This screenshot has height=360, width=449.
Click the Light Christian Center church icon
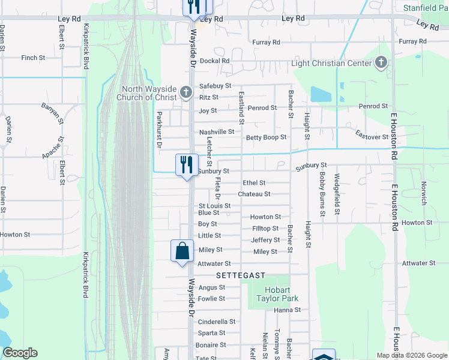pyautogui.click(x=380, y=63)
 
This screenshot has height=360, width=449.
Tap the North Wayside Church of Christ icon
pyautogui.click(x=186, y=93)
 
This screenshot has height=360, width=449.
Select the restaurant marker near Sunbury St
pyautogui.click(x=186, y=164)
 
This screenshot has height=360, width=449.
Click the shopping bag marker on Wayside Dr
pyautogui.click(x=182, y=250)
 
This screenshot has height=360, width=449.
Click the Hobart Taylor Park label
pyautogui.click(x=277, y=294)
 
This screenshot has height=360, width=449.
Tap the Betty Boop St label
pyautogui.click(x=266, y=137)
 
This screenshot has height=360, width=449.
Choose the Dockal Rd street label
pyautogui.click(x=215, y=61)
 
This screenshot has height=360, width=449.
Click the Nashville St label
pyautogui.click(x=217, y=131)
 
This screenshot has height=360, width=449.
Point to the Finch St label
pyautogui.click(x=33, y=58)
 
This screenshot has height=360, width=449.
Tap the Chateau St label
pyautogui.click(x=254, y=194)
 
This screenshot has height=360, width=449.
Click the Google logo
pyautogui.click(x=20, y=353)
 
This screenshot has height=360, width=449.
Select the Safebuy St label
pyautogui.click(x=215, y=86)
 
